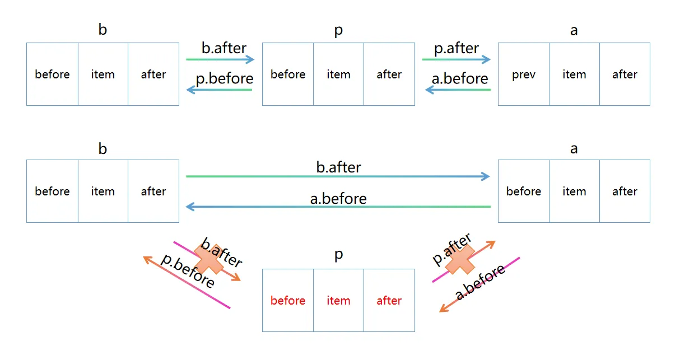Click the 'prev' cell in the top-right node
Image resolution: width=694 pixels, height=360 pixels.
pyautogui.click(x=523, y=74)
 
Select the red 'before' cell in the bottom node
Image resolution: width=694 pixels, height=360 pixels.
pyautogui.click(x=288, y=301)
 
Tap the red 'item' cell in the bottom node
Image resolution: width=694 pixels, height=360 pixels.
pyautogui.click(x=338, y=301)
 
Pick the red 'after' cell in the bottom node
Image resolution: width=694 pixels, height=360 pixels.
pyautogui.click(x=389, y=301)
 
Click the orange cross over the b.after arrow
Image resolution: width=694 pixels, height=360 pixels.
pyautogui.click(x=208, y=258)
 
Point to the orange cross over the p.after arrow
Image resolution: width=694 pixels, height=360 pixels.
pyautogui.click(x=460, y=259)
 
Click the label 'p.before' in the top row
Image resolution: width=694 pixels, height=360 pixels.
pyautogui.click(x=225, y=78)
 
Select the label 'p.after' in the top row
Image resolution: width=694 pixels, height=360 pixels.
pyautogui.click(x=457, y=49)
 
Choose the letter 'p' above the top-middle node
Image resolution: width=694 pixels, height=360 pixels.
pyautogui.click(x=338, y=30)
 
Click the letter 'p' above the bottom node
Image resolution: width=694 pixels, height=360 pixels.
pyautogui.click(x=338, y=255)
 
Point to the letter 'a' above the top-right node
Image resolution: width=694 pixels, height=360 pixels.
pyautogui.click(x=574, y=30)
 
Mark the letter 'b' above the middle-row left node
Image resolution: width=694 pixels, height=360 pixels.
pyautogui.click(x=103, y=149)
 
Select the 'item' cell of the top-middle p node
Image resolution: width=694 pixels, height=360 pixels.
pyautogui.click(x=338, y=74)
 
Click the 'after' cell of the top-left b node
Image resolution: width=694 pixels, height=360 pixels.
pyautogui.click(x=153, y=74)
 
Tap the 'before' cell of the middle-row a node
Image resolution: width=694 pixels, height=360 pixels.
pyautogui.click(x=523, y=191)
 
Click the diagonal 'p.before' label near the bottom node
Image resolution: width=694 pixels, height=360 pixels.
pyautogui.click(x=188, y=272)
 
